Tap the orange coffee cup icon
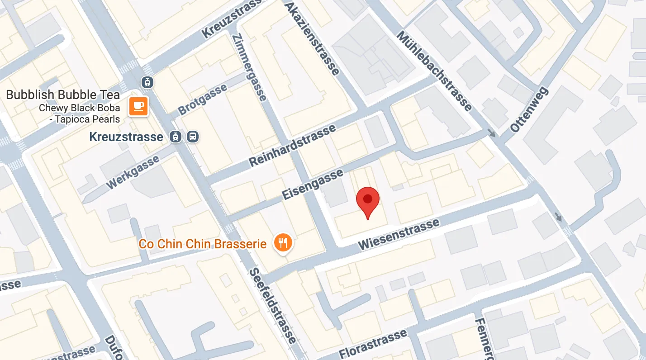tap(138, 106)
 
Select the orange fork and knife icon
tap(283, 244)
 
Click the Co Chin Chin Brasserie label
tap(202, 244)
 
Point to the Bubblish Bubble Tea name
tap(63, 95)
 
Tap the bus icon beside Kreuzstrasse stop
tap(193, 137)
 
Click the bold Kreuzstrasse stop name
tap(126, 137)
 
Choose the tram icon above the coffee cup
tap(147, 82)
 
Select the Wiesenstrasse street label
tap(399, 234)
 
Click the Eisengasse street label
tap(312, 185)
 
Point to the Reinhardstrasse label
tap(293, 145)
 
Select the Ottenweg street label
tap(529, 110)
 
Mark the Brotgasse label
tap(202, 99)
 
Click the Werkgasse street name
tap(133, 172)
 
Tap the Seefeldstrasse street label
tap(273, 306)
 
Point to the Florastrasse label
tap(373, 345)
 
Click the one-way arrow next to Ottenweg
tap(492, 133)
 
